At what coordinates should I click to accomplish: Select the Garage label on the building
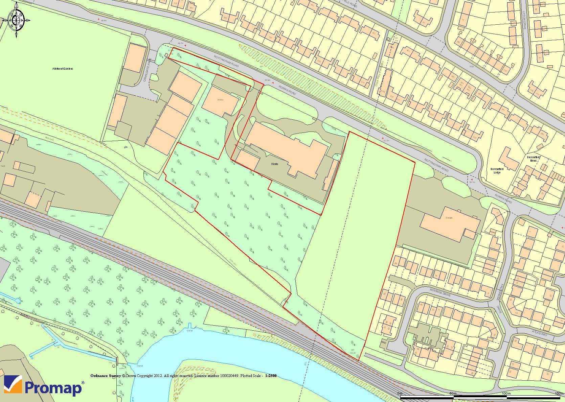coord(449,218)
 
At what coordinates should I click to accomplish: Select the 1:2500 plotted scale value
coord(271,376)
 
